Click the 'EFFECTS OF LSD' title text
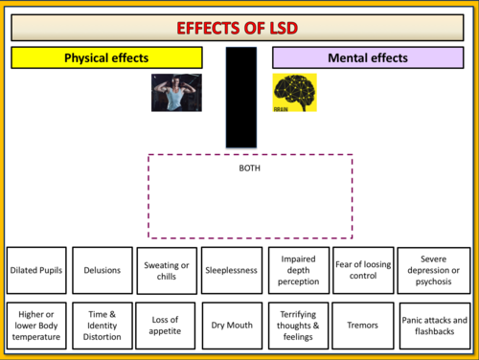click(x=238, y=28)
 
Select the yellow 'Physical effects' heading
click(x=106, y=57)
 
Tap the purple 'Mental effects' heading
click(x=368, y=57)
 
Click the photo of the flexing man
click(x=176, y=93)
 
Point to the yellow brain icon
click(x=294, y=93)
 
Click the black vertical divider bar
click(x=241, y=98)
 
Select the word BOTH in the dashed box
click(x=250, y=169)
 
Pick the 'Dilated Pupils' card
click(x=36, y=270)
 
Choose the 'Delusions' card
click(x=103, y=270)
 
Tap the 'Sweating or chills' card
click(x=167, y=271)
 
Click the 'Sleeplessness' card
click(x=232, y=270)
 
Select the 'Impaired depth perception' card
click(x=299, y=270)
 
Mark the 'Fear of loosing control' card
click(x=363, y=270)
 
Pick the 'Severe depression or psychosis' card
click(x=434, y=270)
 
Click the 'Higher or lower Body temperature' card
click(x=36, y=326)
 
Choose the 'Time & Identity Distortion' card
click(x=103, y=326)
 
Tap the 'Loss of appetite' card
click(x=166, y=326)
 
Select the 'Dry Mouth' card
click(x=232, y=326)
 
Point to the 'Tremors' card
click(x=363, y=326)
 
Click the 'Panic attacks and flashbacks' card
click(x=435, y=326)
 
